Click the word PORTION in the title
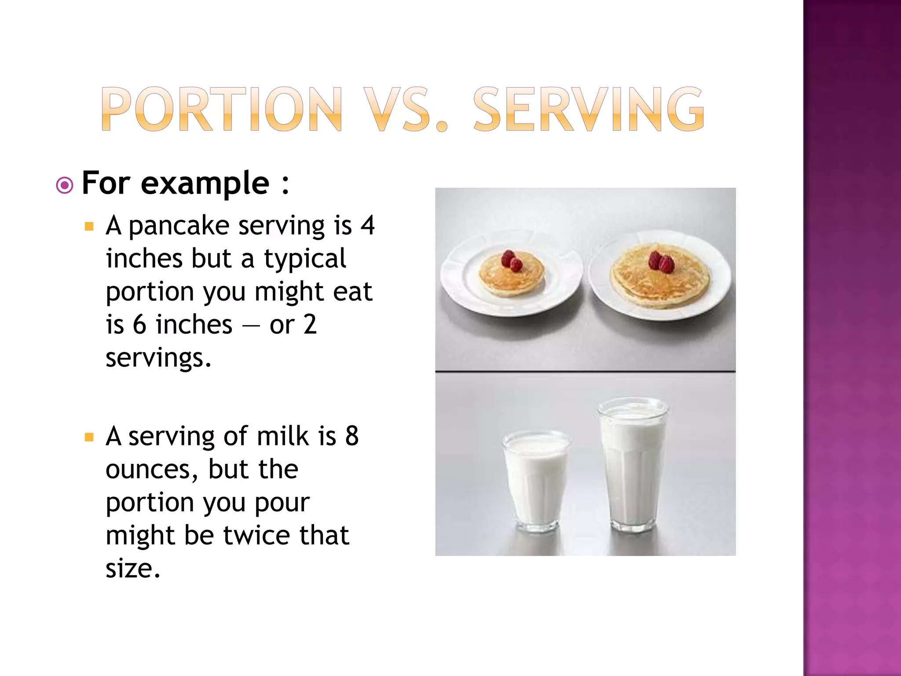(x=222, y=109)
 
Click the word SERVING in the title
(x=589, y=109)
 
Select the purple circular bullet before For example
(x=65, y=185)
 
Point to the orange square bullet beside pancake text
(x=89, y=227)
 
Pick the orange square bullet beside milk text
(x=89, y=437)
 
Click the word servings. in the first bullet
(x=158, y=358)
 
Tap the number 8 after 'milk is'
(x=352, y=437)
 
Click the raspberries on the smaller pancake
(x=512, y=261)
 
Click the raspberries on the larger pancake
(x=661, y=262)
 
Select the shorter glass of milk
(x=536, y=481)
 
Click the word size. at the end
(x=133, y=569)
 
